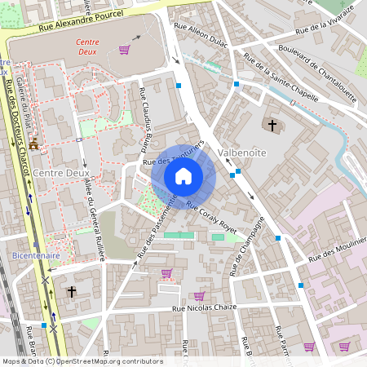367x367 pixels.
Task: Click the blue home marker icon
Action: tap(183, 176)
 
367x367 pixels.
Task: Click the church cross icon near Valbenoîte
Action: tap(272, 126)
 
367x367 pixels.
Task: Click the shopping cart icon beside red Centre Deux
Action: tap(124, 50)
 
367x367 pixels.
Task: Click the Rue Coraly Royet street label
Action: tap(211, 218)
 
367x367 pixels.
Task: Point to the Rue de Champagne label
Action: tap(250, 245)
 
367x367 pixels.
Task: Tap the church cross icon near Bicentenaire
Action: tap(72, 291)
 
